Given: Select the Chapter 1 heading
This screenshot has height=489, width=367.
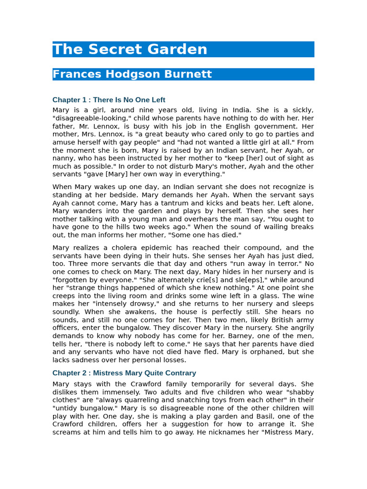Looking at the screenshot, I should pyautogui.click(x=109, y=100).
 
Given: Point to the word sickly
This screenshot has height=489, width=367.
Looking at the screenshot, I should pyautogui.click(x=302, y=110).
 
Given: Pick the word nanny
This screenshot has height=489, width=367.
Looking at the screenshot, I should pyautogui.click(x=62, y=159).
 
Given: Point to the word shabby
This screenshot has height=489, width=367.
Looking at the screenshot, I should pyautogui.click(x=300, y=392).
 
